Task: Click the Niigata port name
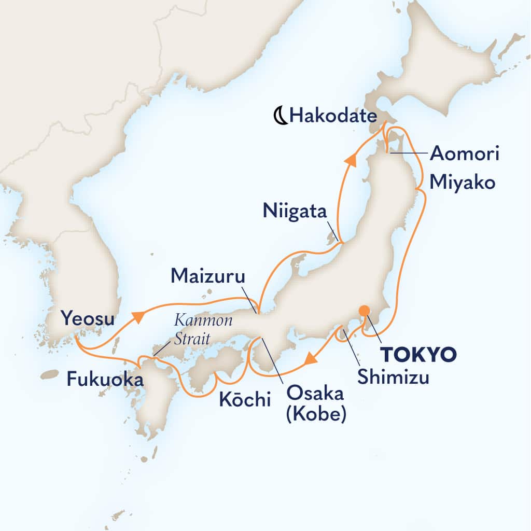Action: (295, 212)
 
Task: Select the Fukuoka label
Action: (105, 380)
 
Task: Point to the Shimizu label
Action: (393, 379)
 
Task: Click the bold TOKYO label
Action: (419, 355)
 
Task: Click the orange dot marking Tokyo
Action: (365, 311)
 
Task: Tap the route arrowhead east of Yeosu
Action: (138, 317)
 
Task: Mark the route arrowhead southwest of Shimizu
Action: (310, 359)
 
